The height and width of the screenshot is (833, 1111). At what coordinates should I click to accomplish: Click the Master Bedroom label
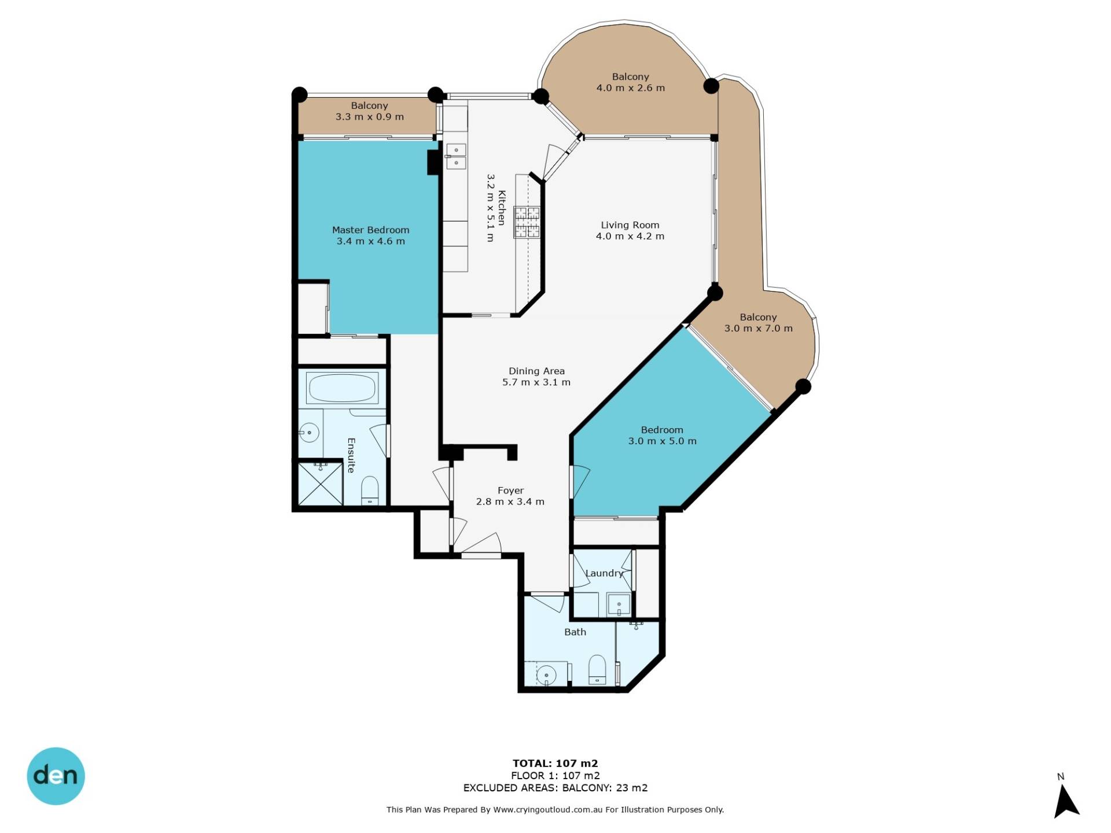click(x=370, y=230)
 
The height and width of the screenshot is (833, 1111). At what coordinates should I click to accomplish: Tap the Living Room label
click(x=630, y=225)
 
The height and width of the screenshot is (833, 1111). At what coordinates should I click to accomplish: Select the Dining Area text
click(x=536, y=371)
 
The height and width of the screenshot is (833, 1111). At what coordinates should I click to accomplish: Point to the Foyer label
click(x=510, y=491)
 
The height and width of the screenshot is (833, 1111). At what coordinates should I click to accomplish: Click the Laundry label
click(x=604, y=573)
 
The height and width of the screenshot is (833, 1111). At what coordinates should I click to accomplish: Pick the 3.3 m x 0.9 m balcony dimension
click(x=370, y=117)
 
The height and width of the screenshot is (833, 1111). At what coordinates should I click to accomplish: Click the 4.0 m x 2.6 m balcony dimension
click(x=631, y=88)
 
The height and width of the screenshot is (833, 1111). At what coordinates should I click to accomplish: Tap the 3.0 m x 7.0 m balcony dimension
click(x=759, y=329)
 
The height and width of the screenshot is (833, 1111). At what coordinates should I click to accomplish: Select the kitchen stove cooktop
click(x=527, y=222)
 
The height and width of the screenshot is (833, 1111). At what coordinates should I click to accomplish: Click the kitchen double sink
click(x=456, y=156)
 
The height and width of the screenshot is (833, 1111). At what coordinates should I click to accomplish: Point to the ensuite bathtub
click(x=341, y=387)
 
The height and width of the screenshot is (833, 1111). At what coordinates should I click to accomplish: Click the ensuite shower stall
click(x=320, y=482)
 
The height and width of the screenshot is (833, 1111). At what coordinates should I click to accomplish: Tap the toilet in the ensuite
click(x=370, y=491)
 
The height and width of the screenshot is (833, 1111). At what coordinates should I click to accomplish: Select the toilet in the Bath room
click(x=597, y=670)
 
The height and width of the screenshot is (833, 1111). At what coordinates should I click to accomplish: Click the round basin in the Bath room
click(x=546, y=674)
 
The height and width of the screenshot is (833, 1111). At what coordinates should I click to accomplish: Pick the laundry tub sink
click(x=619, y=605)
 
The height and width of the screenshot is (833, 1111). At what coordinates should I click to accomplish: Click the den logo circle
click(x=56, y=776)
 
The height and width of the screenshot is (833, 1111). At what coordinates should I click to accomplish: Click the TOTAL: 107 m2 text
click(x=555, y=763)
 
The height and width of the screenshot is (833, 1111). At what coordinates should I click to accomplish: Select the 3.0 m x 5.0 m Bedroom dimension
click(x=663, y=441)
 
